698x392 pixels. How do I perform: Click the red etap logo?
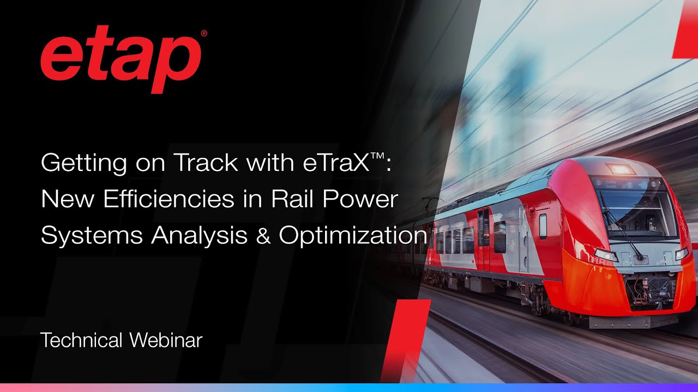tap(121, 61)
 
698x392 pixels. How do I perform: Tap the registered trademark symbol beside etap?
tap(204, 34)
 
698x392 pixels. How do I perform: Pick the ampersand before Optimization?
tap(264, 235)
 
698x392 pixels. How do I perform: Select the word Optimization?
tap(352, 235)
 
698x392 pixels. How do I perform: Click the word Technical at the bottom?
tap(81, 340)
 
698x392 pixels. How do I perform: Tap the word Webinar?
tap(166, 340)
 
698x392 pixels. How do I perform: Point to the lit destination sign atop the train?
tap(622, 169)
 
